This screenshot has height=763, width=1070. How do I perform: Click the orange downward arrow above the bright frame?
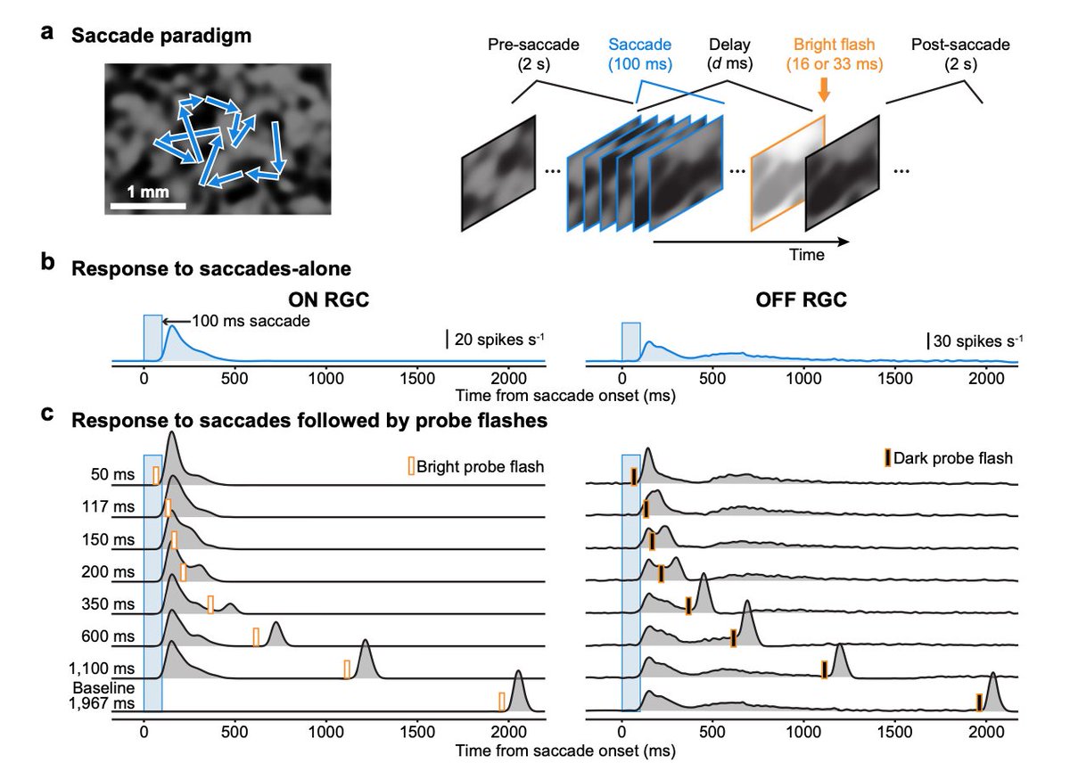(823, 89)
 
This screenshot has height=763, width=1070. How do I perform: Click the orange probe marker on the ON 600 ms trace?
(256, 637)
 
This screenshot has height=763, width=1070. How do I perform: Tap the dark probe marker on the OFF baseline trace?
(979, 702)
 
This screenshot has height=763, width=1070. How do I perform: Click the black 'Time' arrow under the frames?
(749, 241)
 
